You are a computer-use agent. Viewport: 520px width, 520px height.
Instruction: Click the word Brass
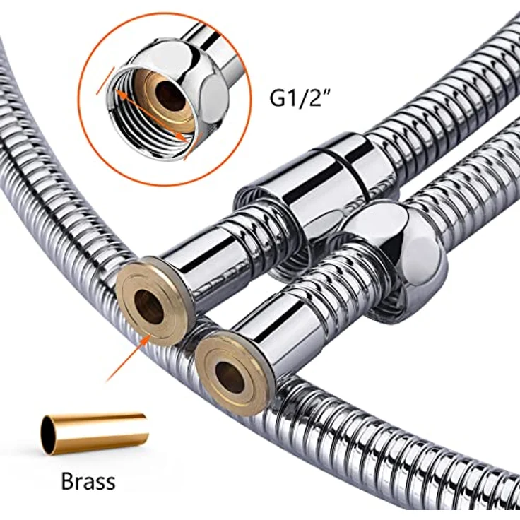pos(88,481)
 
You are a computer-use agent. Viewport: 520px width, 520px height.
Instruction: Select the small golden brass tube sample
pos(95,434)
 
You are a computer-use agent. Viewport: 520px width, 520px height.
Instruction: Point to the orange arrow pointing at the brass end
pos(128,357)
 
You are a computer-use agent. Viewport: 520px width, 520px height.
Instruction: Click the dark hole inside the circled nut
pos(170,96)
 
